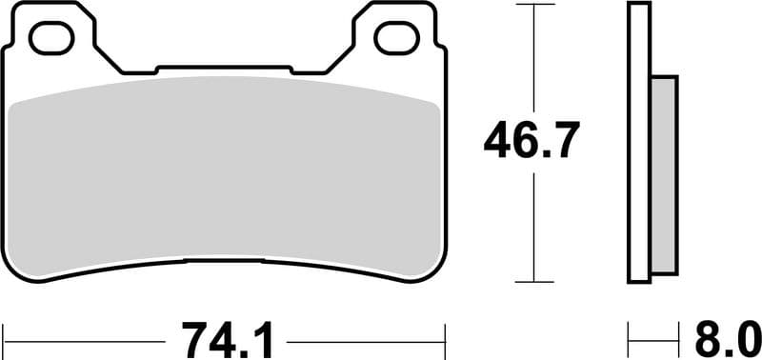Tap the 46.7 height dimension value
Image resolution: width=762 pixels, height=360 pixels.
point(530,142)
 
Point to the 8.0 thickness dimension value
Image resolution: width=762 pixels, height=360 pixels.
point(726,337)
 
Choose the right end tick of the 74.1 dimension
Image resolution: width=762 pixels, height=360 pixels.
point(445,337)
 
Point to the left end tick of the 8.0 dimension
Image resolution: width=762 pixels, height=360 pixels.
point(629,337)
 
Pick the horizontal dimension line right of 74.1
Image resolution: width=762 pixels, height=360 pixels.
point(367,338)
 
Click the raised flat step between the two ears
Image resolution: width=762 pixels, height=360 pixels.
point(224,68)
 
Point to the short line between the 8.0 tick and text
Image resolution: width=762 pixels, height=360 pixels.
point(657,338)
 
